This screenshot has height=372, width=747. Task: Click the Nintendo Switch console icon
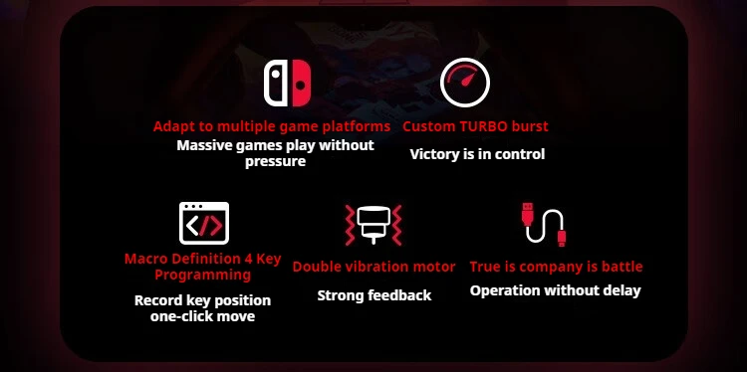pos(287,83)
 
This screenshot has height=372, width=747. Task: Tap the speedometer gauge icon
pos(465,83)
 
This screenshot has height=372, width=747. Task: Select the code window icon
pos(204,223)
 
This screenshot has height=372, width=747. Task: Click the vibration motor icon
pos(373,225)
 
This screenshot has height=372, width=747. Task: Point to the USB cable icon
pos(544,225)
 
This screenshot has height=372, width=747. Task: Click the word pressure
pos(275,162)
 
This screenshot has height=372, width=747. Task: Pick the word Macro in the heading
pos(141,260)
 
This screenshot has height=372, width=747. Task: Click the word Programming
pos(203,275)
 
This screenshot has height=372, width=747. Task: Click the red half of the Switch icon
pos(301,83)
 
